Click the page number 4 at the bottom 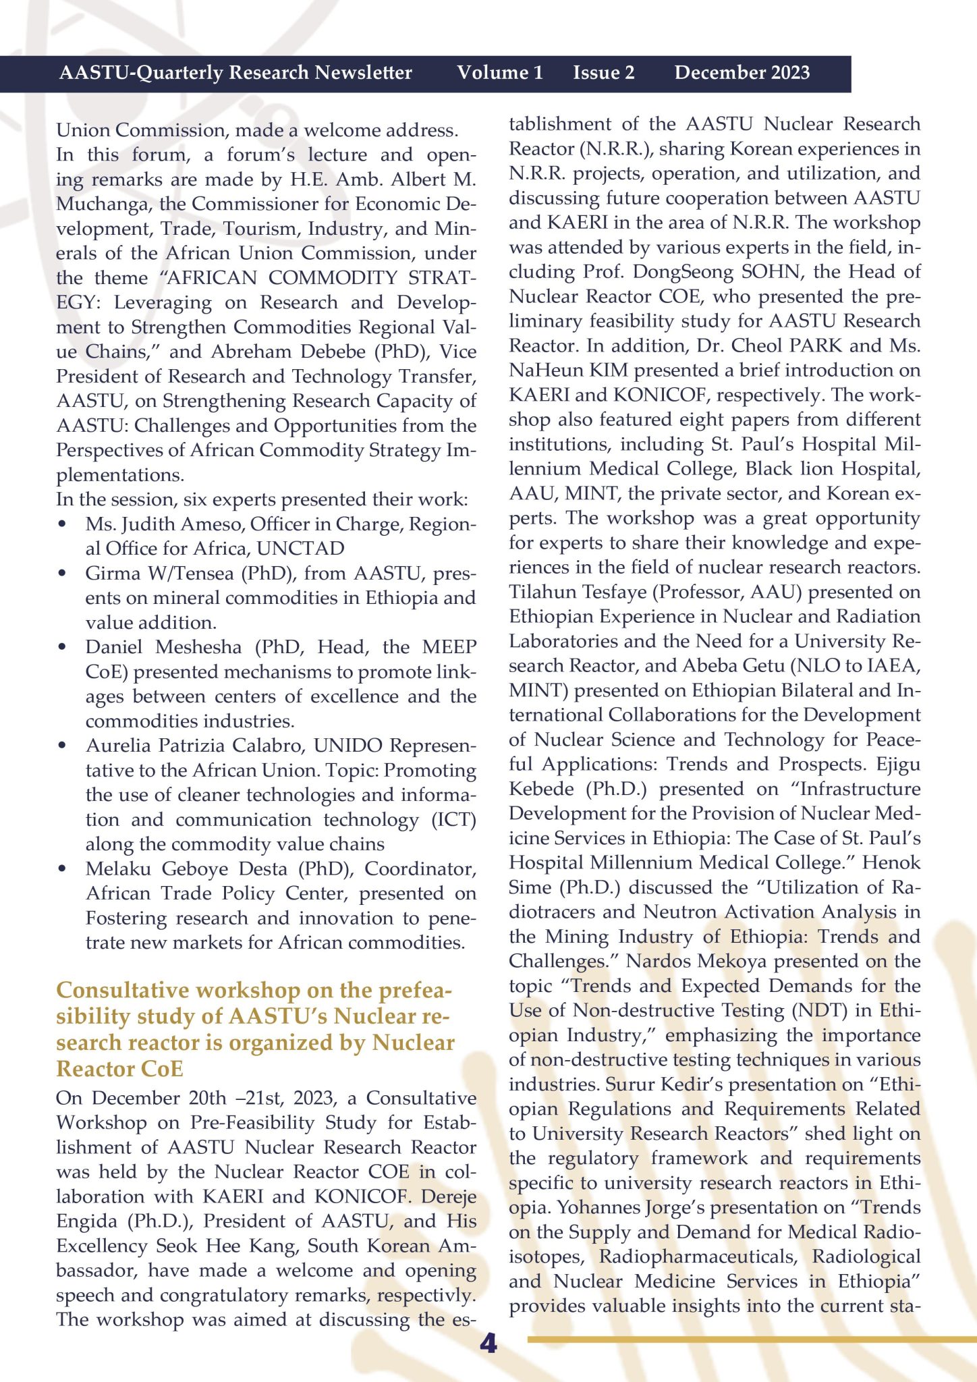pyautogui.click(x=488, y=1344)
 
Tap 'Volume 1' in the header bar pyautogui.click(x=499, y=73)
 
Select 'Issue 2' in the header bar pyautogui.click(x=604, y=73)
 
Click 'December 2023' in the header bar pyautogui.click(x=742, y=73)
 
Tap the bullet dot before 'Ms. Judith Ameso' pyautogui.click(x=63, y=524)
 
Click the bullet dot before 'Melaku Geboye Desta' pyautogui.click(x=63, y=869)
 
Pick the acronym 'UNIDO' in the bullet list pyautogui.click(x=348, y=746)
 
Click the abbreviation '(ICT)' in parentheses pyautogui.click(x=453, y=820)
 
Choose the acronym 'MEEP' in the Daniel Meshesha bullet pyautogui.click(x=449, y=647)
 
